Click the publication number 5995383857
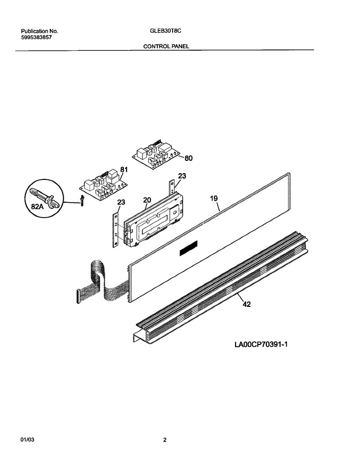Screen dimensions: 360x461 tap(36, 38)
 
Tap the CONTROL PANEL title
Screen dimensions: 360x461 tap(166, 46)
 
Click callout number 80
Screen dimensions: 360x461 tap(188, 158)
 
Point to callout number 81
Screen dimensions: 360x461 tap(124, 170)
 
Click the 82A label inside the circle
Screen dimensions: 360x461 tap(38, 207)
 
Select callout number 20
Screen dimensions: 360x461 tap(147, 200)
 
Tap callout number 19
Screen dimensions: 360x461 tap(214, 198)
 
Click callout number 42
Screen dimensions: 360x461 tap(247, 304)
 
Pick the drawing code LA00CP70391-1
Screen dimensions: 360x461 tap(261, 344)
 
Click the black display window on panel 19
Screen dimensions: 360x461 tap(188, 248)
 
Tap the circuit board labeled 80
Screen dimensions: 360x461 tap(156, 154)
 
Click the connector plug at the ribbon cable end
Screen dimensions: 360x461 tap(78, 296)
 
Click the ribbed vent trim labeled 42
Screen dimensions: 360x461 tap(222, 287)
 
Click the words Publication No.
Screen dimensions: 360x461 tap(39, 31)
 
